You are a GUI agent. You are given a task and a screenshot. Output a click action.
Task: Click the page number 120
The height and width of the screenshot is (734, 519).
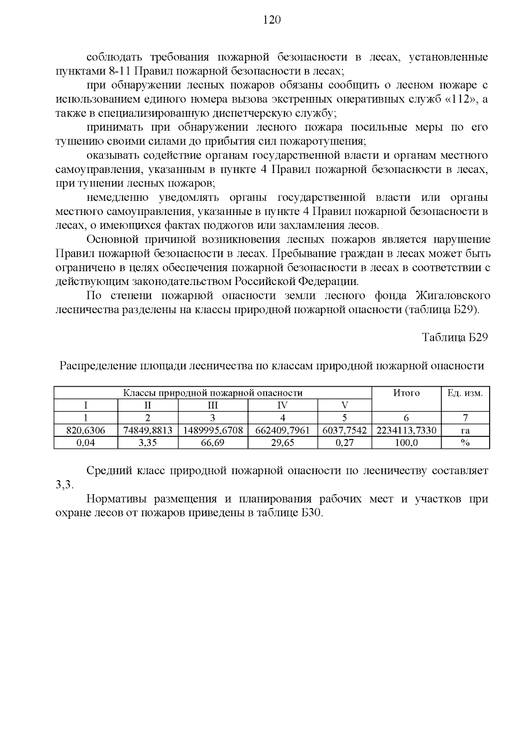pos(272,20)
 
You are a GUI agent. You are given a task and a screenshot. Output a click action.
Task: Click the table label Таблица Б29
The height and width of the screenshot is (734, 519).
pos(455,337)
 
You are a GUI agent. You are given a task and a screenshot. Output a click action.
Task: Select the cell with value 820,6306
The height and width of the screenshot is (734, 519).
pos(86,430)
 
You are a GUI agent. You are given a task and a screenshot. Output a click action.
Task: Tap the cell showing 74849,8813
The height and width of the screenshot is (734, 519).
pos(148,430)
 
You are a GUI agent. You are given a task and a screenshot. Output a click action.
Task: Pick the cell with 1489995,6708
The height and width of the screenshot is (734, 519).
pos(213,430)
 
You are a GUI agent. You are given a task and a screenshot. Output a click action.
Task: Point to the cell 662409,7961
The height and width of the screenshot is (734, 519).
pos(282,430)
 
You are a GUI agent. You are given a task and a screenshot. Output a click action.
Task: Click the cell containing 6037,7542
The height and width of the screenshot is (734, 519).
pos(344,430)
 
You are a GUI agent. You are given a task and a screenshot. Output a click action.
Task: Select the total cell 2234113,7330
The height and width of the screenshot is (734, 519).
pos(406,430)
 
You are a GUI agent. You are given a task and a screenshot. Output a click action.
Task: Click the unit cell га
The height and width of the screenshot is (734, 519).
pos(465,430)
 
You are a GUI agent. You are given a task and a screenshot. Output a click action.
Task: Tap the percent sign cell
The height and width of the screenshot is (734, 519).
pos(465,442)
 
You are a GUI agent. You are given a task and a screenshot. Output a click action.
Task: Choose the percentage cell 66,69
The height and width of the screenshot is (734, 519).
pos(213,442)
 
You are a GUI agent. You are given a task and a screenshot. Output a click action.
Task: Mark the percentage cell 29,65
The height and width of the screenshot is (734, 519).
pos(282,442)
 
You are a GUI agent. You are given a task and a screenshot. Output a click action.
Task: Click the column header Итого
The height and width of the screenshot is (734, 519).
pos(406,393)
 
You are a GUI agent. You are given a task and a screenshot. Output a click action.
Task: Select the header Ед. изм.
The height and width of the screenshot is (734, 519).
pos(465,393)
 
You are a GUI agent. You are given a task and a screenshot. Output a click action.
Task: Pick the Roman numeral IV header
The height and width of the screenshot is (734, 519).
pos(282,405)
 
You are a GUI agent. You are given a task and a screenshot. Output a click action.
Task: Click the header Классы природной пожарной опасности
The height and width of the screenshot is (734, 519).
pos(213,393)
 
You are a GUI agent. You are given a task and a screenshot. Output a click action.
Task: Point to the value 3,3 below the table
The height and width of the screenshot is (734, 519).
pos(65,484)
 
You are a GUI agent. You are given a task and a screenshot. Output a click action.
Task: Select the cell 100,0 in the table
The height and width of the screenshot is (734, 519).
pos(406,442)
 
